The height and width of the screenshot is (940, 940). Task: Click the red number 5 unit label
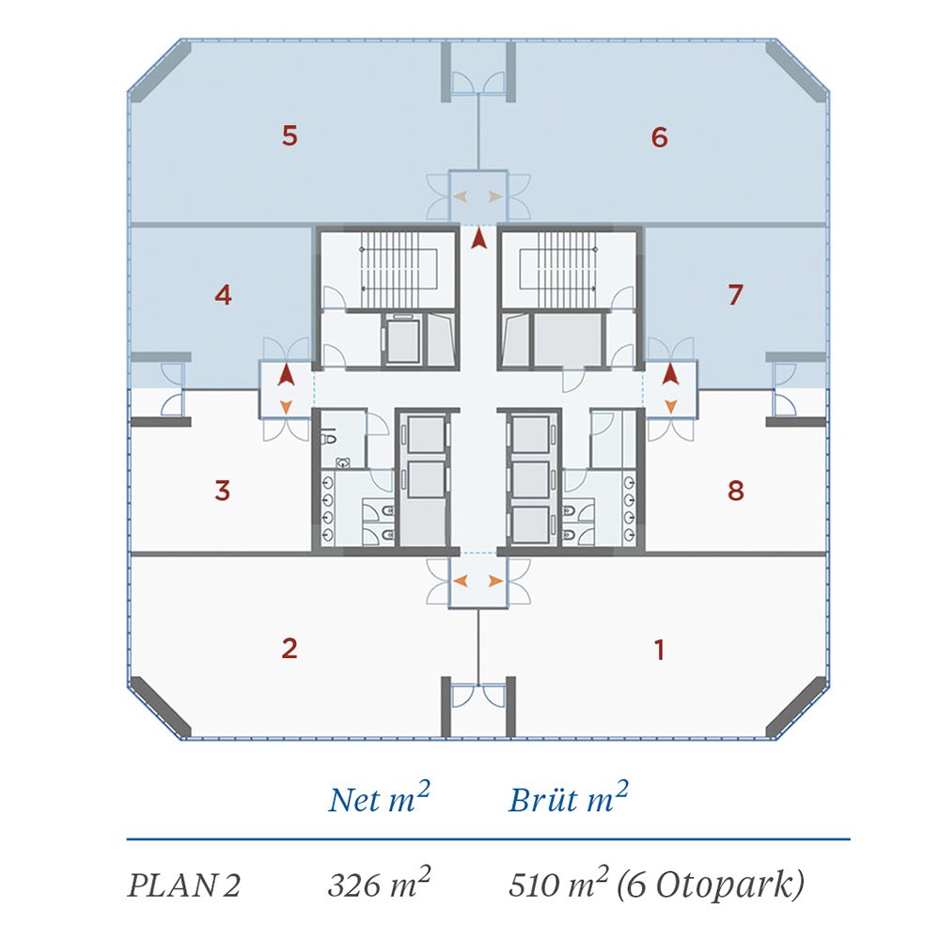[290, 136]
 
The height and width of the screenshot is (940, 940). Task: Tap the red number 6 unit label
[660, 137]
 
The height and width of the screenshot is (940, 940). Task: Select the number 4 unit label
[223, 295]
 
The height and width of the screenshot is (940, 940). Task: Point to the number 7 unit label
[736, 294]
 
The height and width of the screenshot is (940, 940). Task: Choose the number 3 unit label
[223, 491]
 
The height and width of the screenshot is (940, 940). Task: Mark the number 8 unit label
[736, 491]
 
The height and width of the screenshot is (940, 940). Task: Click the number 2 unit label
[290, 648]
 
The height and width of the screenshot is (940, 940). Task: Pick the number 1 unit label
[660, 650]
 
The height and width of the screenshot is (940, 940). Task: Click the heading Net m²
[380, 798]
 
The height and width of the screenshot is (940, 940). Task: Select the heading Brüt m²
[569, 798]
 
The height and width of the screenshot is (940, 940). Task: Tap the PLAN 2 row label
[183, 885]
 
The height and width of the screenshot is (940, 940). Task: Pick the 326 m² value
[380, 883]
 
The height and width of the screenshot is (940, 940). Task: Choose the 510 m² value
[558, 883]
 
